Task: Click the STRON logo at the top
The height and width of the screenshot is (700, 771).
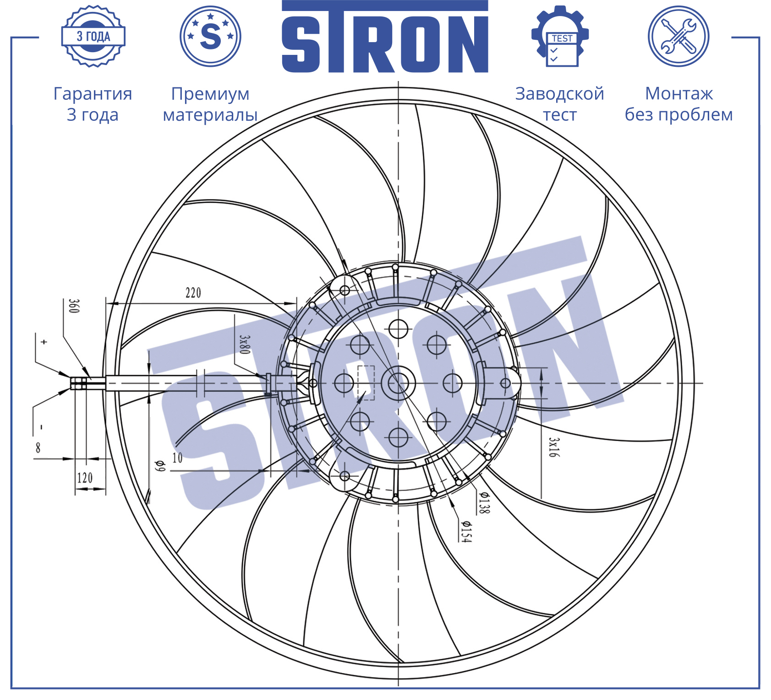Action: point(385,37)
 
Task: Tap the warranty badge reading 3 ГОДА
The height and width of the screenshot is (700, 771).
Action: point(93,37)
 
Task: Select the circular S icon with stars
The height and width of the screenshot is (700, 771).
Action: point(211,36)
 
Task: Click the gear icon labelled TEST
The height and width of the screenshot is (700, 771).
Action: point(560,37)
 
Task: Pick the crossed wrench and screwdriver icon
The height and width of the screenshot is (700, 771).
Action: point(678,36)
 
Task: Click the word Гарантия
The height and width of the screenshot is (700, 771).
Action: point(93,94)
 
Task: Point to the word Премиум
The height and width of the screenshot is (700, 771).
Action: point(210,94)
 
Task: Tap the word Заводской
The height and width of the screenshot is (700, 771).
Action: point(560,94)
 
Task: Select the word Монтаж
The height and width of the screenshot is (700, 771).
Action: point(679,94)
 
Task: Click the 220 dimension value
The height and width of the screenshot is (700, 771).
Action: point(193,293)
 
